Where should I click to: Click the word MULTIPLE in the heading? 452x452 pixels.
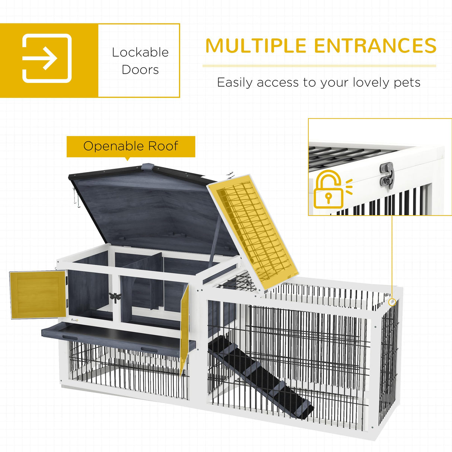click(x=255, y=46)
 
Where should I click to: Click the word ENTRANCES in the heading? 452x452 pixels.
click(x=375, y=46)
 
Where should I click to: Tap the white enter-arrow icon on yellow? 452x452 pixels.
click(x=47, y=58)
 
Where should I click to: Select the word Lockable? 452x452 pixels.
click(x=140, y=52)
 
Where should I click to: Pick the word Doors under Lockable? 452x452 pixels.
click(x=140, y=70)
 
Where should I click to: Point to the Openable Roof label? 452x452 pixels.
click(x=131, y=146)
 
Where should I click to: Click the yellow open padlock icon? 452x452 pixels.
click(x=329, y=190)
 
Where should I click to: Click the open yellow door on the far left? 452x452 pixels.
click(x=37, y=295)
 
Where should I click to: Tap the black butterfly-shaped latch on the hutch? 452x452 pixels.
click(x=115, y=297)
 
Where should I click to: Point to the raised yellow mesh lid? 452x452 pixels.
click(x=253, y=231)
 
